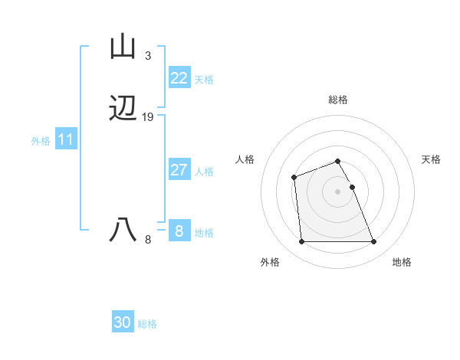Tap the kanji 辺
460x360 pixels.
(x=123, y=109)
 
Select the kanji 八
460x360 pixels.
(x=123, y=229)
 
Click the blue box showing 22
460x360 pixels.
(x=179, y=78)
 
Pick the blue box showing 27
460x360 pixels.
(x=179, y=170)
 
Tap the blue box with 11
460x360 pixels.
(x=66, y=140)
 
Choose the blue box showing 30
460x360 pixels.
(x=123, y=322)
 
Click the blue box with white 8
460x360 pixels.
(x=179, y=231)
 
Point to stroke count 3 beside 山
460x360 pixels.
(x=148, y=56)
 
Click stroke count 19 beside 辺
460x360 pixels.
(x=148, y=117)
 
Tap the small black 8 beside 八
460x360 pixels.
(x=148, y=239)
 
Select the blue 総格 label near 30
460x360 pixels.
(x=147, y=324)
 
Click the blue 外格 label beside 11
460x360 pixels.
(x=41, y=141)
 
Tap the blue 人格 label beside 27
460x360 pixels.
(x=205, y=172)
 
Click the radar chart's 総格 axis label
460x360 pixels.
(x=338, y=100)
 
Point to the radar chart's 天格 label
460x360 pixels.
(x=431, y=159)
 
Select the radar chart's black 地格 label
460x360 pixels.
(x=402, y=262)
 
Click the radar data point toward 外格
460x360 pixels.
(x=301, y=242)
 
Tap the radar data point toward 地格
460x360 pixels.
(x=373, y=242)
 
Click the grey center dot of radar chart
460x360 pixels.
(x=338, y=191)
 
